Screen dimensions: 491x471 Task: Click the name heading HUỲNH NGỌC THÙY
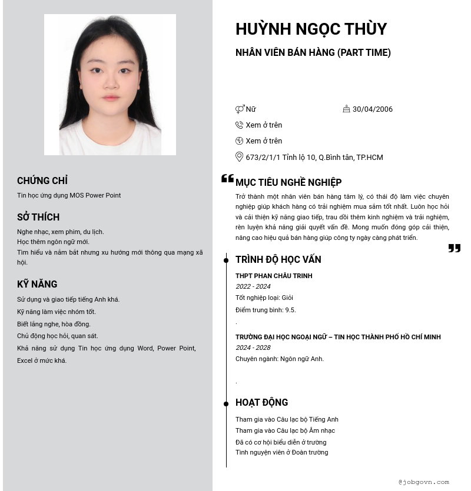311,29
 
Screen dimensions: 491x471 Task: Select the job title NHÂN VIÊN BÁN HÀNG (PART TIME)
313,52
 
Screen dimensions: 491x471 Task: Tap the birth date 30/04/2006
372,109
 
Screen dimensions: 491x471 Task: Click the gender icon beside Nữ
240,109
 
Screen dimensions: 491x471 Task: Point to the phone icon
239,125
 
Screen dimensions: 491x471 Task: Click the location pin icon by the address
239,157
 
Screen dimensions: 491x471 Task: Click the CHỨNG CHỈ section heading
42,181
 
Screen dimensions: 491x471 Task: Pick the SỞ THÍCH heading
38,217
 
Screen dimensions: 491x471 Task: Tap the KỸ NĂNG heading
37,284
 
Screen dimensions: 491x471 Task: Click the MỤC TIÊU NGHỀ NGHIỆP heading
288,182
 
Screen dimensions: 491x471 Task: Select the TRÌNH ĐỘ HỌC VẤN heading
278,259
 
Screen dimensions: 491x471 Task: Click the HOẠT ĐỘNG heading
261,402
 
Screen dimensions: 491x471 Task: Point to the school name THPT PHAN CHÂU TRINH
274,276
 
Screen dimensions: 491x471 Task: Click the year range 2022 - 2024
253,286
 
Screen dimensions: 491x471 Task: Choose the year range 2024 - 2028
253,348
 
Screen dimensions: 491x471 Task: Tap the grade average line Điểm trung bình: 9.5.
266,310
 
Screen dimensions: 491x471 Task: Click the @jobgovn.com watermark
423,482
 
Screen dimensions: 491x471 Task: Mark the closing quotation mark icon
454,248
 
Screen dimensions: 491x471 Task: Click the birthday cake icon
346,109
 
